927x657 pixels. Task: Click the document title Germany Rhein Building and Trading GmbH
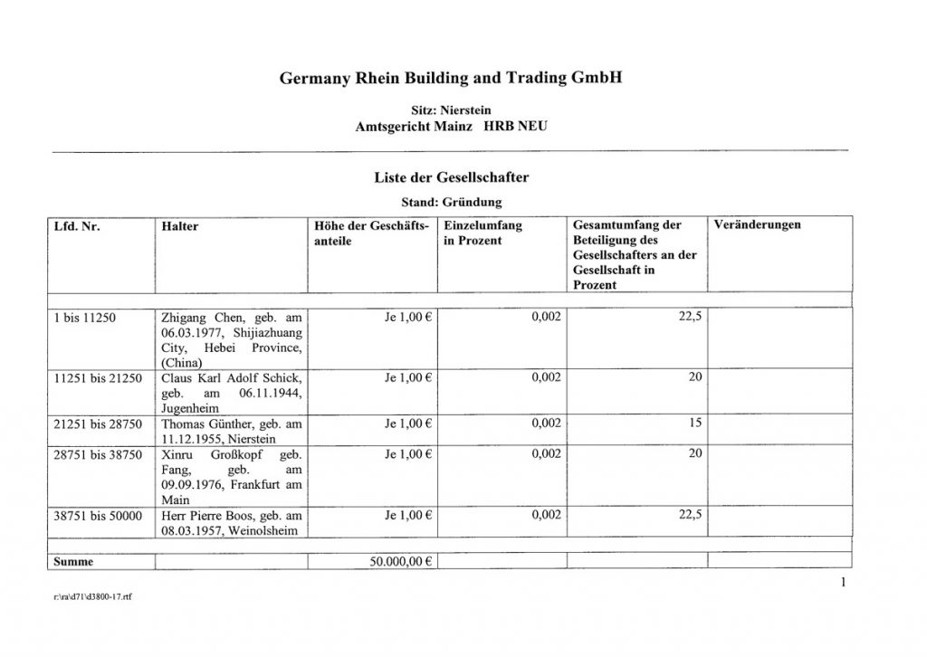point(451,79)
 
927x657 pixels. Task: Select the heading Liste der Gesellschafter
point(451,179)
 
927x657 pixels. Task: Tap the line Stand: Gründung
point(451,202)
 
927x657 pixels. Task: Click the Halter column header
point(178,226)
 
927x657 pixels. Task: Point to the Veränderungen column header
point(757,225)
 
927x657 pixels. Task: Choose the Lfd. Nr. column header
point(77,226)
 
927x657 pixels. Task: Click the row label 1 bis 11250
point(86,319)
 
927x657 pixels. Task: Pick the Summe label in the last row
point(74,561)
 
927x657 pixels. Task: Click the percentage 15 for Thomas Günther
point(695,423)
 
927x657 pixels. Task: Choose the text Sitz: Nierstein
point(451,109)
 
